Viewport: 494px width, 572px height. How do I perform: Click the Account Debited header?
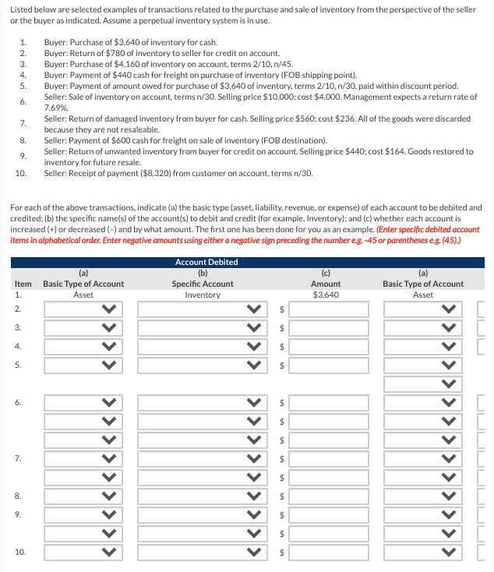tap(206, 263)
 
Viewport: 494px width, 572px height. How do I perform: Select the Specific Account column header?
tap(203, 284)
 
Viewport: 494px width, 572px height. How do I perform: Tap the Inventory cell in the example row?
tap(203, 295)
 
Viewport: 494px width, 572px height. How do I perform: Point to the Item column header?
tap(23, 284)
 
